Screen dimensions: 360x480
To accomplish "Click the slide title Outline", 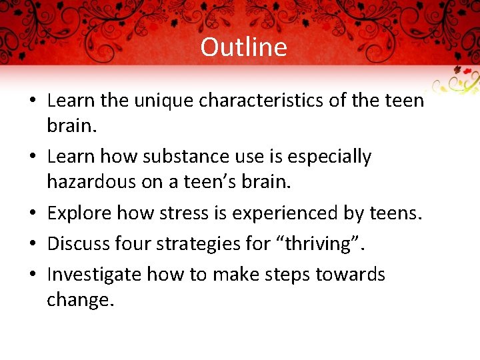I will point(243,47).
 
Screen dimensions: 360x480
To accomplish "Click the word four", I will point(137,244).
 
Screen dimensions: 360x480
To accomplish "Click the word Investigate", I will point(95,275).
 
